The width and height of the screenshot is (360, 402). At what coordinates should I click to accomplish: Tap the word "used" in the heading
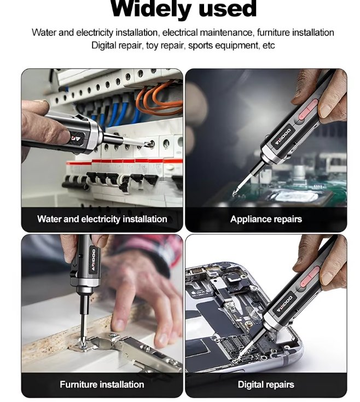pos(228,8)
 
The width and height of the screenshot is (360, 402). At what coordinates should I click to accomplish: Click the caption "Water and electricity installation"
pos(102,219)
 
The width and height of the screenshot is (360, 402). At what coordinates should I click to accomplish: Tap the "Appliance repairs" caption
pos(266,219)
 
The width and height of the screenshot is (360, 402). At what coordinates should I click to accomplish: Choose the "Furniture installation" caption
pos(102,384)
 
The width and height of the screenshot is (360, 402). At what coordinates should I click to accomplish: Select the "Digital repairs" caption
pos(266,384)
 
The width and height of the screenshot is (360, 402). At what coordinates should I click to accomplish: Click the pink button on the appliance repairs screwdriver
pos(308,110)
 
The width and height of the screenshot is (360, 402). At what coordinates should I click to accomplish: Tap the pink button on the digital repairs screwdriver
pos(310,277)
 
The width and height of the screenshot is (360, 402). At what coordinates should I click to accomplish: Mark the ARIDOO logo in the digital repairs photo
pos(284,305)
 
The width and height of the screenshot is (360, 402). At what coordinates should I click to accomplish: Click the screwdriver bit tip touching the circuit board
pos(234,194)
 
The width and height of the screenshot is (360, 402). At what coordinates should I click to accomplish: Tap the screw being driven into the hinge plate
pos(81,346)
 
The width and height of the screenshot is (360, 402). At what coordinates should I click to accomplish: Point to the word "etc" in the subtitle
pos(269,46)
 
